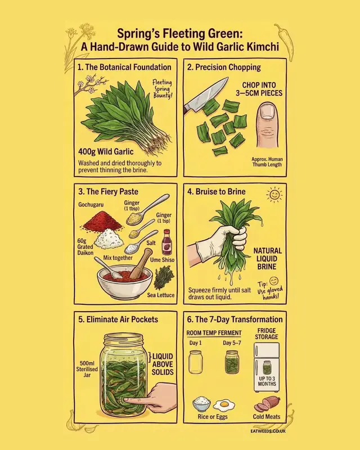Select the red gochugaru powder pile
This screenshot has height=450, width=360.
pos(102,222)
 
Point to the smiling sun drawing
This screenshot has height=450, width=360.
pos(274,195)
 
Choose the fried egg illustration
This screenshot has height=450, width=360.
pos(224,404)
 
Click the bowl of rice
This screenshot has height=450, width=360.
pos(201,404)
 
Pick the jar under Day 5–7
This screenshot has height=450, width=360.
pos(232,362)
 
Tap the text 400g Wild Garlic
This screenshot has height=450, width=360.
pos(105,152)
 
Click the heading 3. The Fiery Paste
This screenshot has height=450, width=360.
pos(109,191)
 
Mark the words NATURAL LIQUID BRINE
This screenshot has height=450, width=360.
pos(267,259)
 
